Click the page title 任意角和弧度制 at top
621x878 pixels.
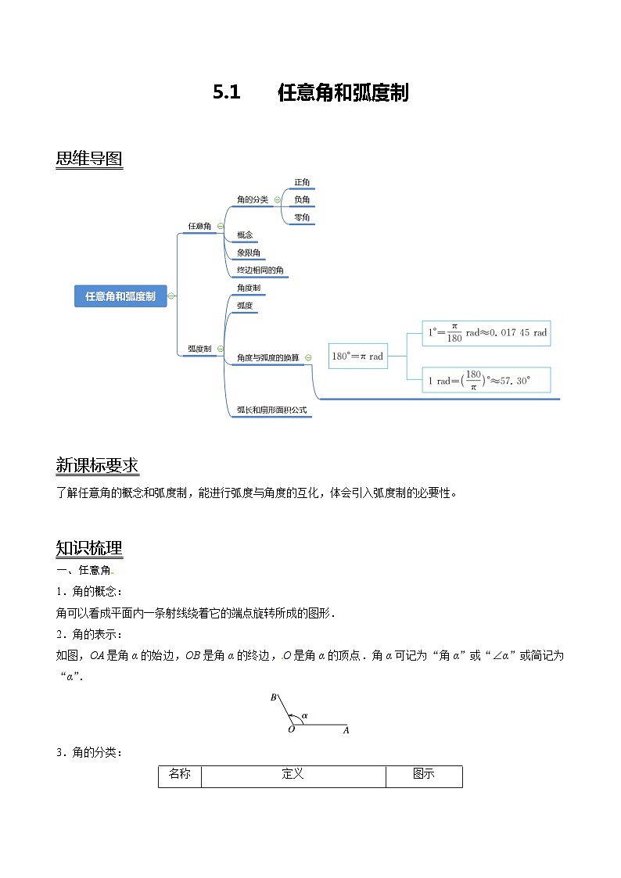(x=343, y=93)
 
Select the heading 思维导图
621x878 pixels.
(x=89, y=159)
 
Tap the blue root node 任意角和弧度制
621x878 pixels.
(x=120, y=296)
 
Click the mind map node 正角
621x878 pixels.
(x=302, y=183)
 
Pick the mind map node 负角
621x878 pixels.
(x=302, y=200)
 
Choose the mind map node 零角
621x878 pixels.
(x=302, y=217)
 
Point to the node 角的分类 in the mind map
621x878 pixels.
(x=253, y=199)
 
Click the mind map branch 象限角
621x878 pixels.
(x=249, y=253)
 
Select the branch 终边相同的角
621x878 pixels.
(x=260, y=271)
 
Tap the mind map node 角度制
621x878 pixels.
(x=249, y=288)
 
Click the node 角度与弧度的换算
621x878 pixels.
(x=267, y=357)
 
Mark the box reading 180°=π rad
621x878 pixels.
(x=358, y=356)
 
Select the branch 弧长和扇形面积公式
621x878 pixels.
(x=271, y=410)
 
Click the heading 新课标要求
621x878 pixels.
(x=97, y=466)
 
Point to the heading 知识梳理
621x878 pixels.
(x=89, y=547)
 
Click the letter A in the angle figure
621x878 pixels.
(x=346, y=730)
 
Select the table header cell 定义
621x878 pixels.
(x=293, y=775)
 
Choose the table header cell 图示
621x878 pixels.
(x=424, y=775)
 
